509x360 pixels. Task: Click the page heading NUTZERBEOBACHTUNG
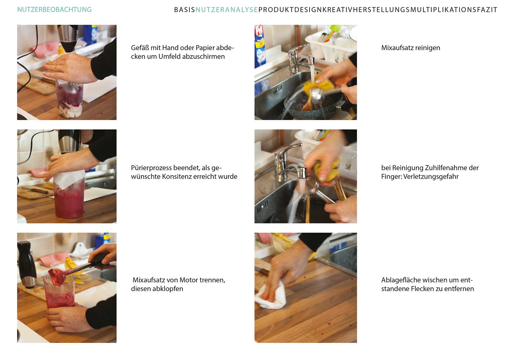[x=54, y=10]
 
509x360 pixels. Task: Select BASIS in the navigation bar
[x=185, y=10]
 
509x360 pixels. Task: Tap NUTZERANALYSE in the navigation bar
[x=227, y=10]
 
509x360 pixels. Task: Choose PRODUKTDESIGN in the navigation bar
[x=290, y=10]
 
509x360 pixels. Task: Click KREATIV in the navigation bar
[x=337, y=10]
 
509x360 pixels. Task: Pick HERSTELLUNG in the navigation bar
[x=381, y=10]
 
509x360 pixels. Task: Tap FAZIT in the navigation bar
[x=487, y=10]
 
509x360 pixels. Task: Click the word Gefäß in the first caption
[x=140, y=48]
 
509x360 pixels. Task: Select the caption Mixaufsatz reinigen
[x=411, y=48]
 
